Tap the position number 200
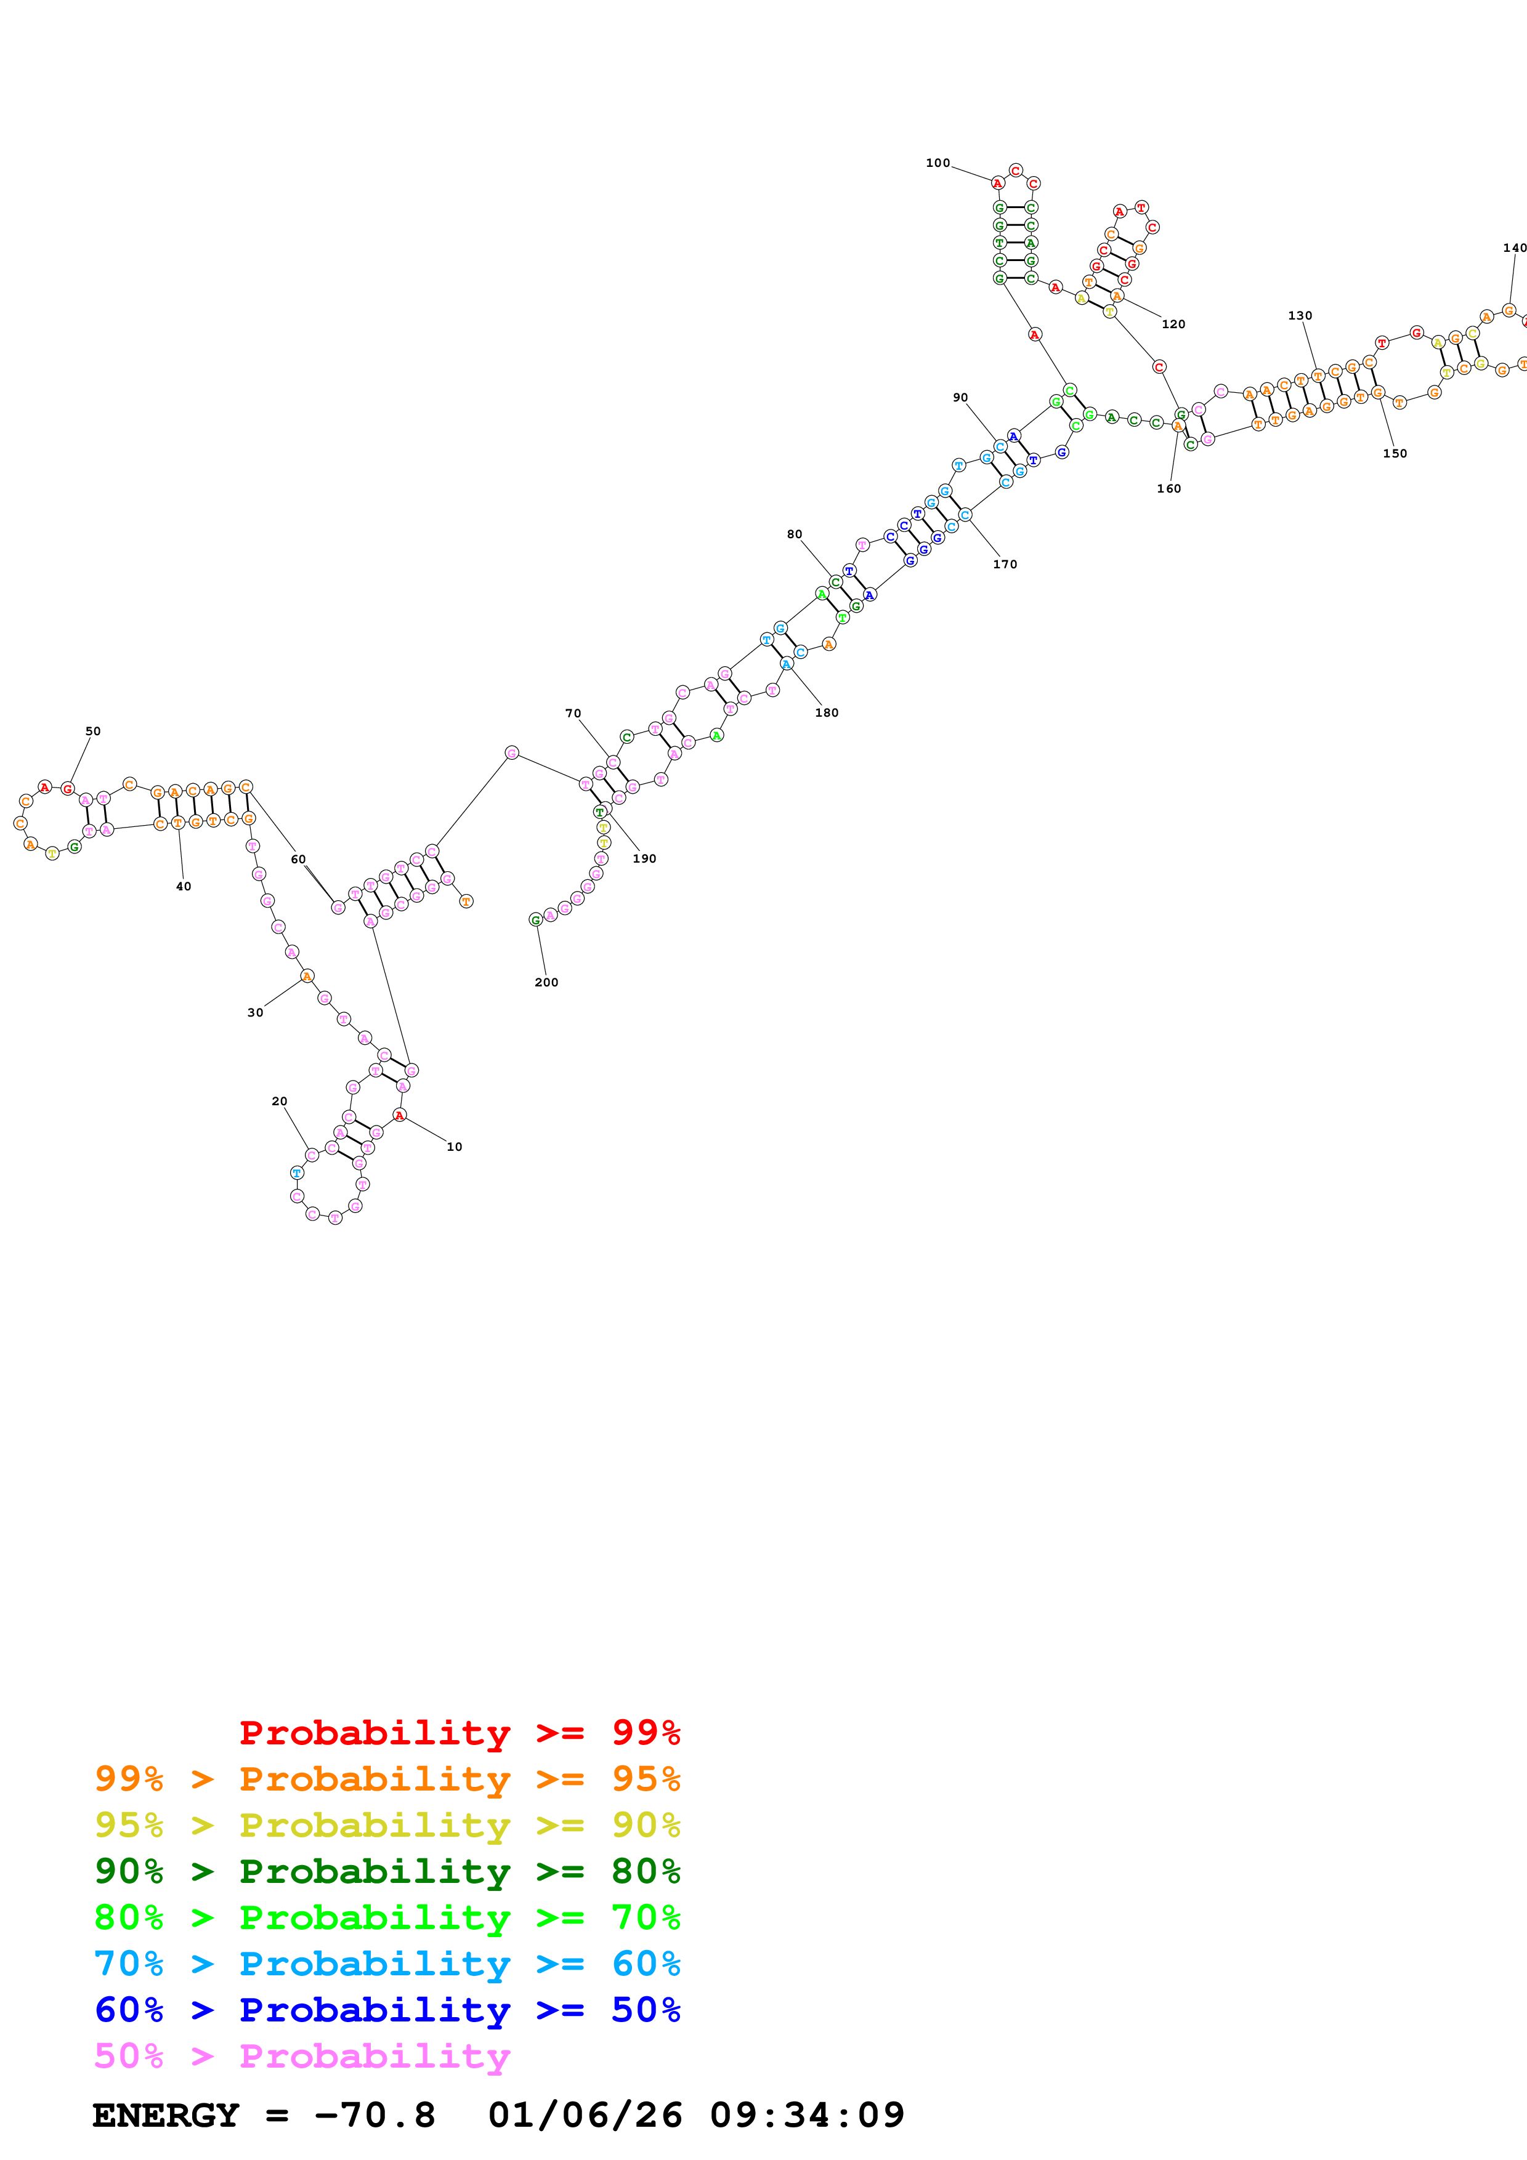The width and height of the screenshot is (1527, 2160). (546, 982)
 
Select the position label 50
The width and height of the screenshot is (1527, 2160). (92, 731)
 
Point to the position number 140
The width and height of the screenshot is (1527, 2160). (1514, 248)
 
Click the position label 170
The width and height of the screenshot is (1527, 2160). (1004, 565)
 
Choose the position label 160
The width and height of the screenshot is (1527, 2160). (1168, 488)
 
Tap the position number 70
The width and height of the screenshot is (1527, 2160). (572, 713)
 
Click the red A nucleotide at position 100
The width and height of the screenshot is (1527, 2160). (997, 183)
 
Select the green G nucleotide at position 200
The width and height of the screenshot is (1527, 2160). (535, 919)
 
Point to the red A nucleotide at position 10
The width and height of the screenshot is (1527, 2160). (399, 1115)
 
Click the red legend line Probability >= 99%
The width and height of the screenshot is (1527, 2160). (459, 1732)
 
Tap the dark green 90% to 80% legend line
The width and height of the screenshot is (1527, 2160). (387, 1871)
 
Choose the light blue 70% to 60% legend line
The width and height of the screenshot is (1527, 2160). (387, 1964)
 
